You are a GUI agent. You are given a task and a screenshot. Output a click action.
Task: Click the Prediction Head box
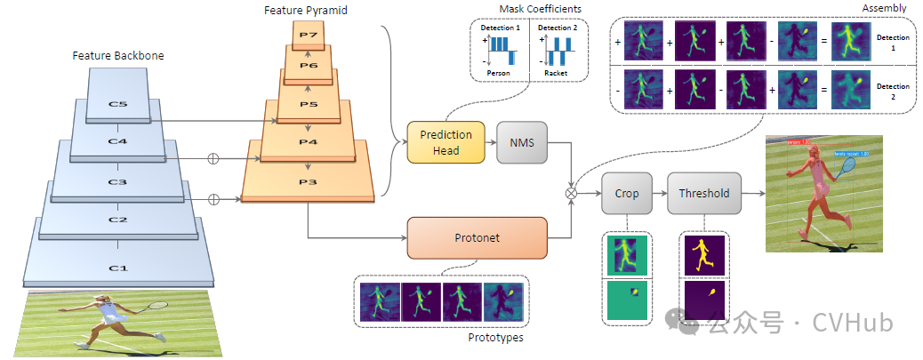[x=446, y=142]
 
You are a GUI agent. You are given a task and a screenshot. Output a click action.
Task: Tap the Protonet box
[x=478, y=237]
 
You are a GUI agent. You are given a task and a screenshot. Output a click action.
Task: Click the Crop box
[x=627, y=193]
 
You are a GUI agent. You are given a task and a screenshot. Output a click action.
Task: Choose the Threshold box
[x=704, y=193]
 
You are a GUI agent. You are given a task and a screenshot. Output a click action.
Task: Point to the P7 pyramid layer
[x=309, y=36]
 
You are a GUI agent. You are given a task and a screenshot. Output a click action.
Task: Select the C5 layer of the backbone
[x=117, y=103]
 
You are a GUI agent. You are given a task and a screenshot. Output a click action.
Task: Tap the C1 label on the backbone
[x=117, y=268]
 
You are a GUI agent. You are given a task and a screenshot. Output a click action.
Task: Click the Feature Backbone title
[x=117, y=55]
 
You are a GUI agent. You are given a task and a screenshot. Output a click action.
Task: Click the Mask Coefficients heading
[x=528, y=9]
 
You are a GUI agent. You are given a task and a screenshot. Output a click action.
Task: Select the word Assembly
[x=887, y=7]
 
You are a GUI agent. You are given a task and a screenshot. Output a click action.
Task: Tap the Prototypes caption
[x=495, y=338]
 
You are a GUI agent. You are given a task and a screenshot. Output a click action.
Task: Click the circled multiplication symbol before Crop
[x=573, y=192]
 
